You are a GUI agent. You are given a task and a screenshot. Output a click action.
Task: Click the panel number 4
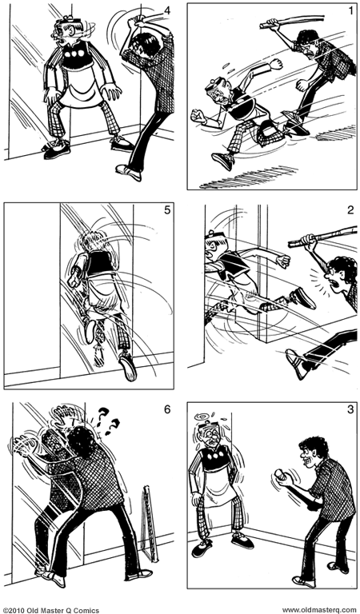pos(166,11)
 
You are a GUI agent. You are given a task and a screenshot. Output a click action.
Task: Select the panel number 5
pos(166,212)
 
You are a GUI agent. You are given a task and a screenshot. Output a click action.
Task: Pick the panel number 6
pos(166,411)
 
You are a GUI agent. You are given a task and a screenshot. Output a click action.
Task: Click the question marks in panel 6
pos(102,418)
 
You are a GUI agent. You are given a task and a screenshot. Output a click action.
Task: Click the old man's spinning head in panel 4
pos(65,32)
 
